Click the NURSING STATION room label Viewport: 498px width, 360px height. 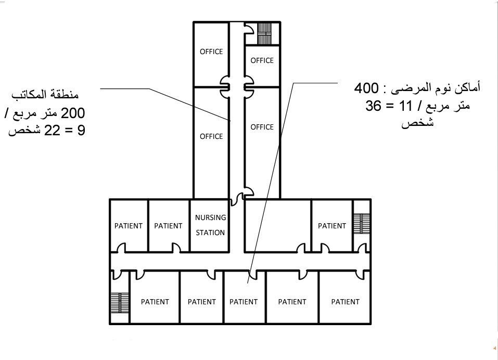(210, 225)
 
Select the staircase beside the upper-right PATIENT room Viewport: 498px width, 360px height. (362, 224)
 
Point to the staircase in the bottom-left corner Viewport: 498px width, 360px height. (120, 302)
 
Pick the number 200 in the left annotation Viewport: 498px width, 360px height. (73, 113)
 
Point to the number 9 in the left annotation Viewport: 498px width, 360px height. (81, 130)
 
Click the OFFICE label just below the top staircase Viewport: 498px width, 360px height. (262, 60)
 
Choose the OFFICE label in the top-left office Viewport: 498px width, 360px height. (211, 52)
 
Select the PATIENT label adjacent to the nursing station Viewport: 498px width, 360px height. (168, 226)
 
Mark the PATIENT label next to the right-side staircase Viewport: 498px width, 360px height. (332, 226)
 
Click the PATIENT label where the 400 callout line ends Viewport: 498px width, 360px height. (244, 302)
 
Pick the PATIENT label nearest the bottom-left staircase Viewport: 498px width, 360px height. (155, 302)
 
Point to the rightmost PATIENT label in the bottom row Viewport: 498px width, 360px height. (345, 302)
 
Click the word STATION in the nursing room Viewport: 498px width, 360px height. (210, 233)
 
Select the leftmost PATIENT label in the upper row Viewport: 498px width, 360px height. (129, 226)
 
